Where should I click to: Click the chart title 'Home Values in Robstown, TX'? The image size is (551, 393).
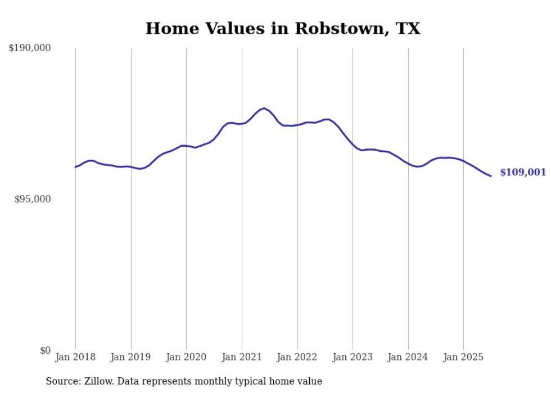(x=283, y=29)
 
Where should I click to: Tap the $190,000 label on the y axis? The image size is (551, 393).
(x=30, y=48)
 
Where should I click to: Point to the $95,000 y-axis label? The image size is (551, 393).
(x=33, y=200)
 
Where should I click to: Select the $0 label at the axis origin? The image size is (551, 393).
(x=46, y=350)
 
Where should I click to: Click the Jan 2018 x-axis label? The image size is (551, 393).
(x=75, y=357)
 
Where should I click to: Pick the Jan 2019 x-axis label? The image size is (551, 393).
(x=131, y=357)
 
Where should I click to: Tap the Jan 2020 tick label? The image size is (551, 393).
(x=186, y=357)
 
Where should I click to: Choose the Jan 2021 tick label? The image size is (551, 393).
(x=242, y=357)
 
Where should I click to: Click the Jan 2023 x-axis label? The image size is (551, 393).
(x=353, y=357)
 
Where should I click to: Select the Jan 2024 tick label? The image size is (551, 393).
(x=408, y=357)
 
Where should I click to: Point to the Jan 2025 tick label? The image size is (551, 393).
(x=463, y=357)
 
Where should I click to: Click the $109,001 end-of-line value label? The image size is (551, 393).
(x=523, y=173)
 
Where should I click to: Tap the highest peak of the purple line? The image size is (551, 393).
(x=264, y=109)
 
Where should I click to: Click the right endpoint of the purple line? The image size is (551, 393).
(x=491, y=176)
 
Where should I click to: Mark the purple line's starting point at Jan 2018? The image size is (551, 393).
(x=75, y=167)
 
